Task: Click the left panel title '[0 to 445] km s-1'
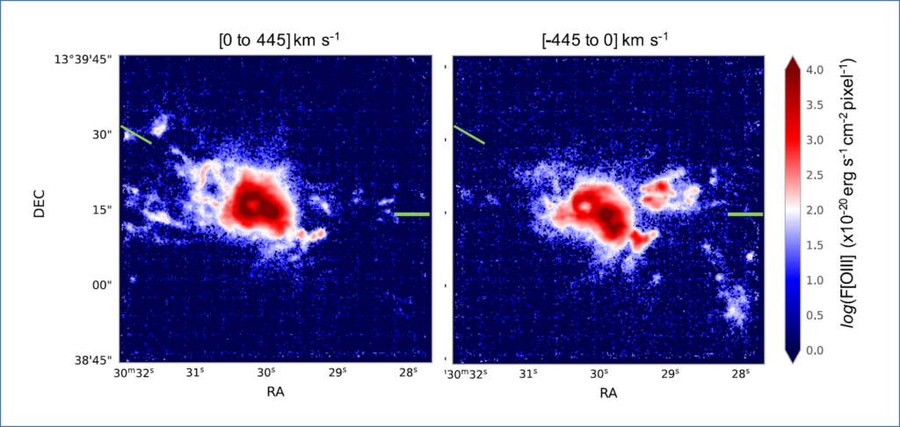(273, 40)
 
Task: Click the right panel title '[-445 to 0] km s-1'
(607, 40)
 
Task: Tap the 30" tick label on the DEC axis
(104, 134)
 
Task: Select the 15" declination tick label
(104, 210)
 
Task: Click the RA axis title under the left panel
(274, 393)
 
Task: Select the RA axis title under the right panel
(607, 393)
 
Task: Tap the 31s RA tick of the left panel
(195, 373)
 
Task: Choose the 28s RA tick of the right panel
(741, 373)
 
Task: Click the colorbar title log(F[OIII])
(857, 209)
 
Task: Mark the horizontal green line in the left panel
(412, 213)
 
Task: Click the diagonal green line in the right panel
(468, 134)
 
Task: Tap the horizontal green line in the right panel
(745, 213)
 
